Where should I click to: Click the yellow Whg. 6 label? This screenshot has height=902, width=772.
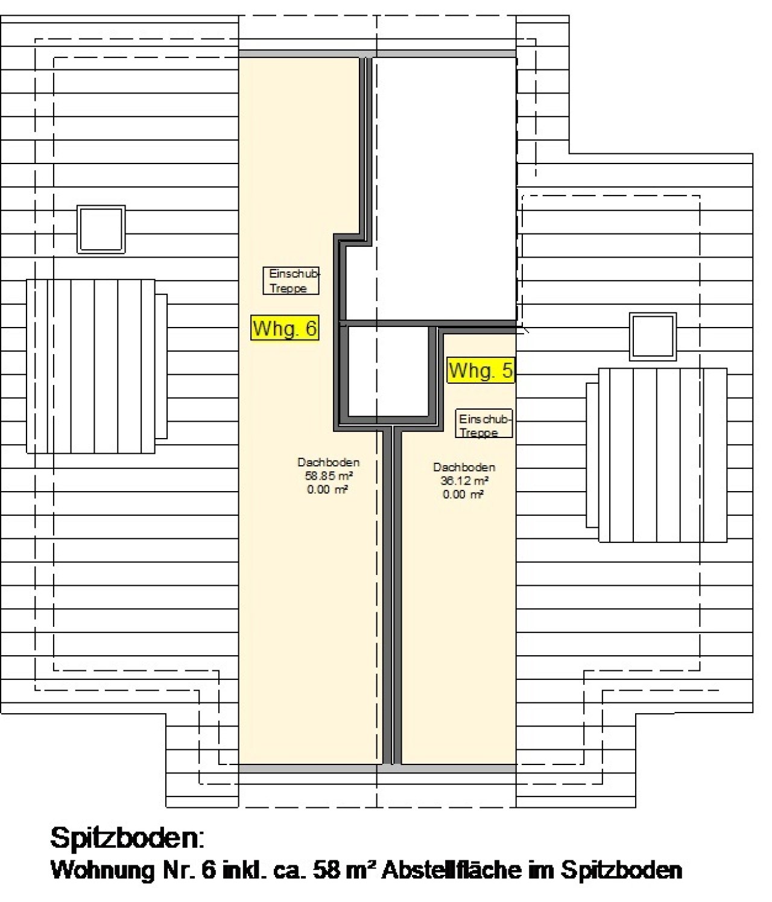[285, 327]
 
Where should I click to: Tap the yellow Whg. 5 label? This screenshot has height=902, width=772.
[481, 370]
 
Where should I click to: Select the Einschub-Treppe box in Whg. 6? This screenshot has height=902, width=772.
[291, 281]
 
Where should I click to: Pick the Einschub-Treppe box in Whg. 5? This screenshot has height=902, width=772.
[484, 424]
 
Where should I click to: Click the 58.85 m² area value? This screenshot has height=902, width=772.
[329, 475]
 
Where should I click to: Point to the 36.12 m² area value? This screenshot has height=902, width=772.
[464, 480]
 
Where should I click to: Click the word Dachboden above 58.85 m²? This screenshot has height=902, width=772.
[329, 462]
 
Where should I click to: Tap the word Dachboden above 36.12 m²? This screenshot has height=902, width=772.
[464, 467]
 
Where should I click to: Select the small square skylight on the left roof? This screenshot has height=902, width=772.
[101, 229]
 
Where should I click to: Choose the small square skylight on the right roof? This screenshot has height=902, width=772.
[653, 337]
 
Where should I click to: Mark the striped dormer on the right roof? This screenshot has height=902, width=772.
[656, 455]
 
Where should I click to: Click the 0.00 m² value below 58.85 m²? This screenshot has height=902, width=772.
[327, 489]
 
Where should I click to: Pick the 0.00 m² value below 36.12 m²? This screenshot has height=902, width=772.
[463, 494]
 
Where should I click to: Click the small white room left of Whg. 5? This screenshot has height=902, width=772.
[388, 372]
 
